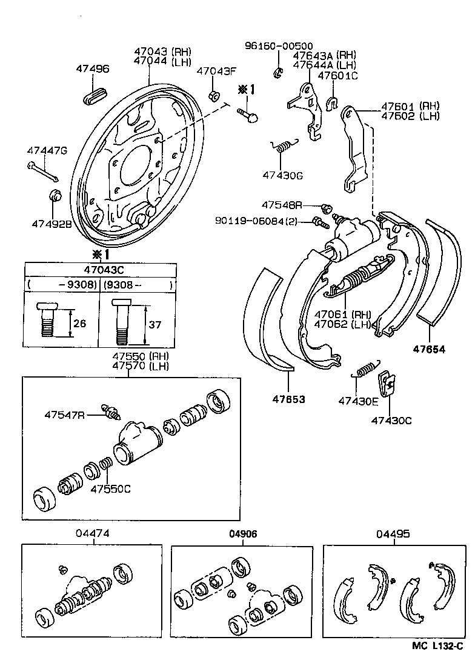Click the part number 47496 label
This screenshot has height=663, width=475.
pyautogui.click(x=93, y=69)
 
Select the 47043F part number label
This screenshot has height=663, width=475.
pyautogui.click(x=216, y=71)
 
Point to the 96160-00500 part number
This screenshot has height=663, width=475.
pyautogui.click(x=279, y=46)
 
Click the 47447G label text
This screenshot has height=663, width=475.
pyautogui.click(x=47, y=150)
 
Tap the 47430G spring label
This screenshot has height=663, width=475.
pyautogui.click(x=282, y=175)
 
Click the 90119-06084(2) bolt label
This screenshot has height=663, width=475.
pyautogui.click(x=263, y=221)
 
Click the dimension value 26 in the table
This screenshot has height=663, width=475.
pyautogui.click(x=79, y=324)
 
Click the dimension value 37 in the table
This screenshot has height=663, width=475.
pyautogui.click(x=155, y=325)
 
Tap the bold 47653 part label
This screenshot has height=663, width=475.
pyautogui.click(x=288, y=400)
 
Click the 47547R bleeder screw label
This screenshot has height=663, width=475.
pyautogui.click(x=64, y=415)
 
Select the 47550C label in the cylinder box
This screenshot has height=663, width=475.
pyautogui.click(x=110, y=489)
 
